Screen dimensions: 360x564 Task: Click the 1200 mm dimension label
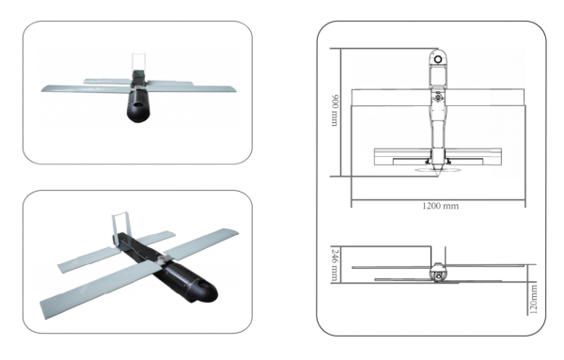click(435, 206)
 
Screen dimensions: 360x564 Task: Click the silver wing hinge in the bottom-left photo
click(163, 257)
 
